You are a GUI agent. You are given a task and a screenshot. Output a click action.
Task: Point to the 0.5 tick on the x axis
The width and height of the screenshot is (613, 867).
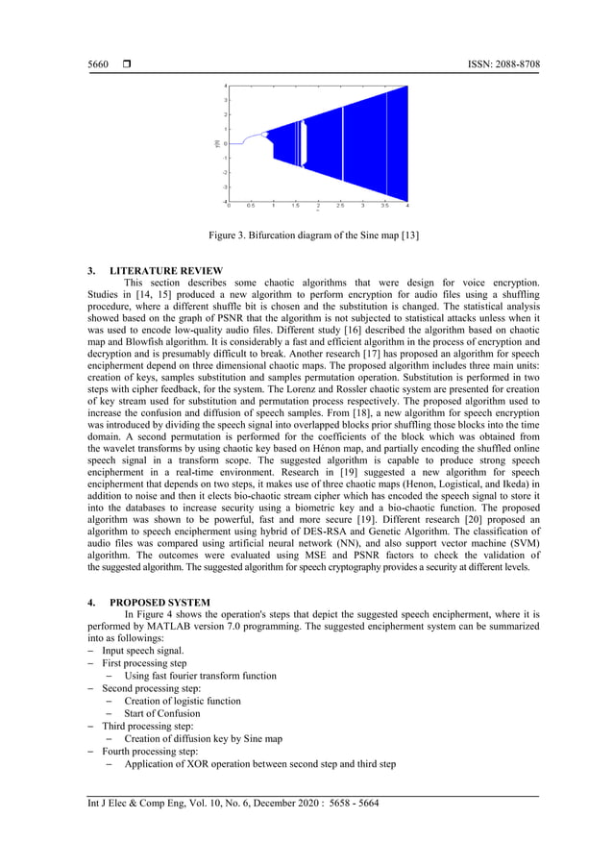tap(250, 206)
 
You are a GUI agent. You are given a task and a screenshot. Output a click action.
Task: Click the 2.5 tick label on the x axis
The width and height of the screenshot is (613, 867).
tap(340, 206)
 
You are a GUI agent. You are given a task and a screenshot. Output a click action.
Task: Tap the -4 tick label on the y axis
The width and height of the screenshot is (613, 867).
tap(224, 200)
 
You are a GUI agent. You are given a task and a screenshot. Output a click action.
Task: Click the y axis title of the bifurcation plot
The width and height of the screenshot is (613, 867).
tap(217, 142)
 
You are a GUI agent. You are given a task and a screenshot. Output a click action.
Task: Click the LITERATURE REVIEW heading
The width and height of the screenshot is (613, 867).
tap(168, 270)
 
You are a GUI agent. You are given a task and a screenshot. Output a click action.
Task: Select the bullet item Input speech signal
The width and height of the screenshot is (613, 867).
tap(143, 651)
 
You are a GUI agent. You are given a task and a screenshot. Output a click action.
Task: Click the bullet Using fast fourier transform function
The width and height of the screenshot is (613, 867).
tap(200, 676)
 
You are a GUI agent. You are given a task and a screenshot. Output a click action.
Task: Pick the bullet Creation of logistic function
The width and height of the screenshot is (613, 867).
tap(182, 701)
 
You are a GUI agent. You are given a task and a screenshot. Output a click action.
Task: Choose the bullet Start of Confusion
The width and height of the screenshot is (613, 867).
tap(161, 713)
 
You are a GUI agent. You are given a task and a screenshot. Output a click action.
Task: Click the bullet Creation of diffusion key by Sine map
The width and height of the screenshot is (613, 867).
tap(203, 738)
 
